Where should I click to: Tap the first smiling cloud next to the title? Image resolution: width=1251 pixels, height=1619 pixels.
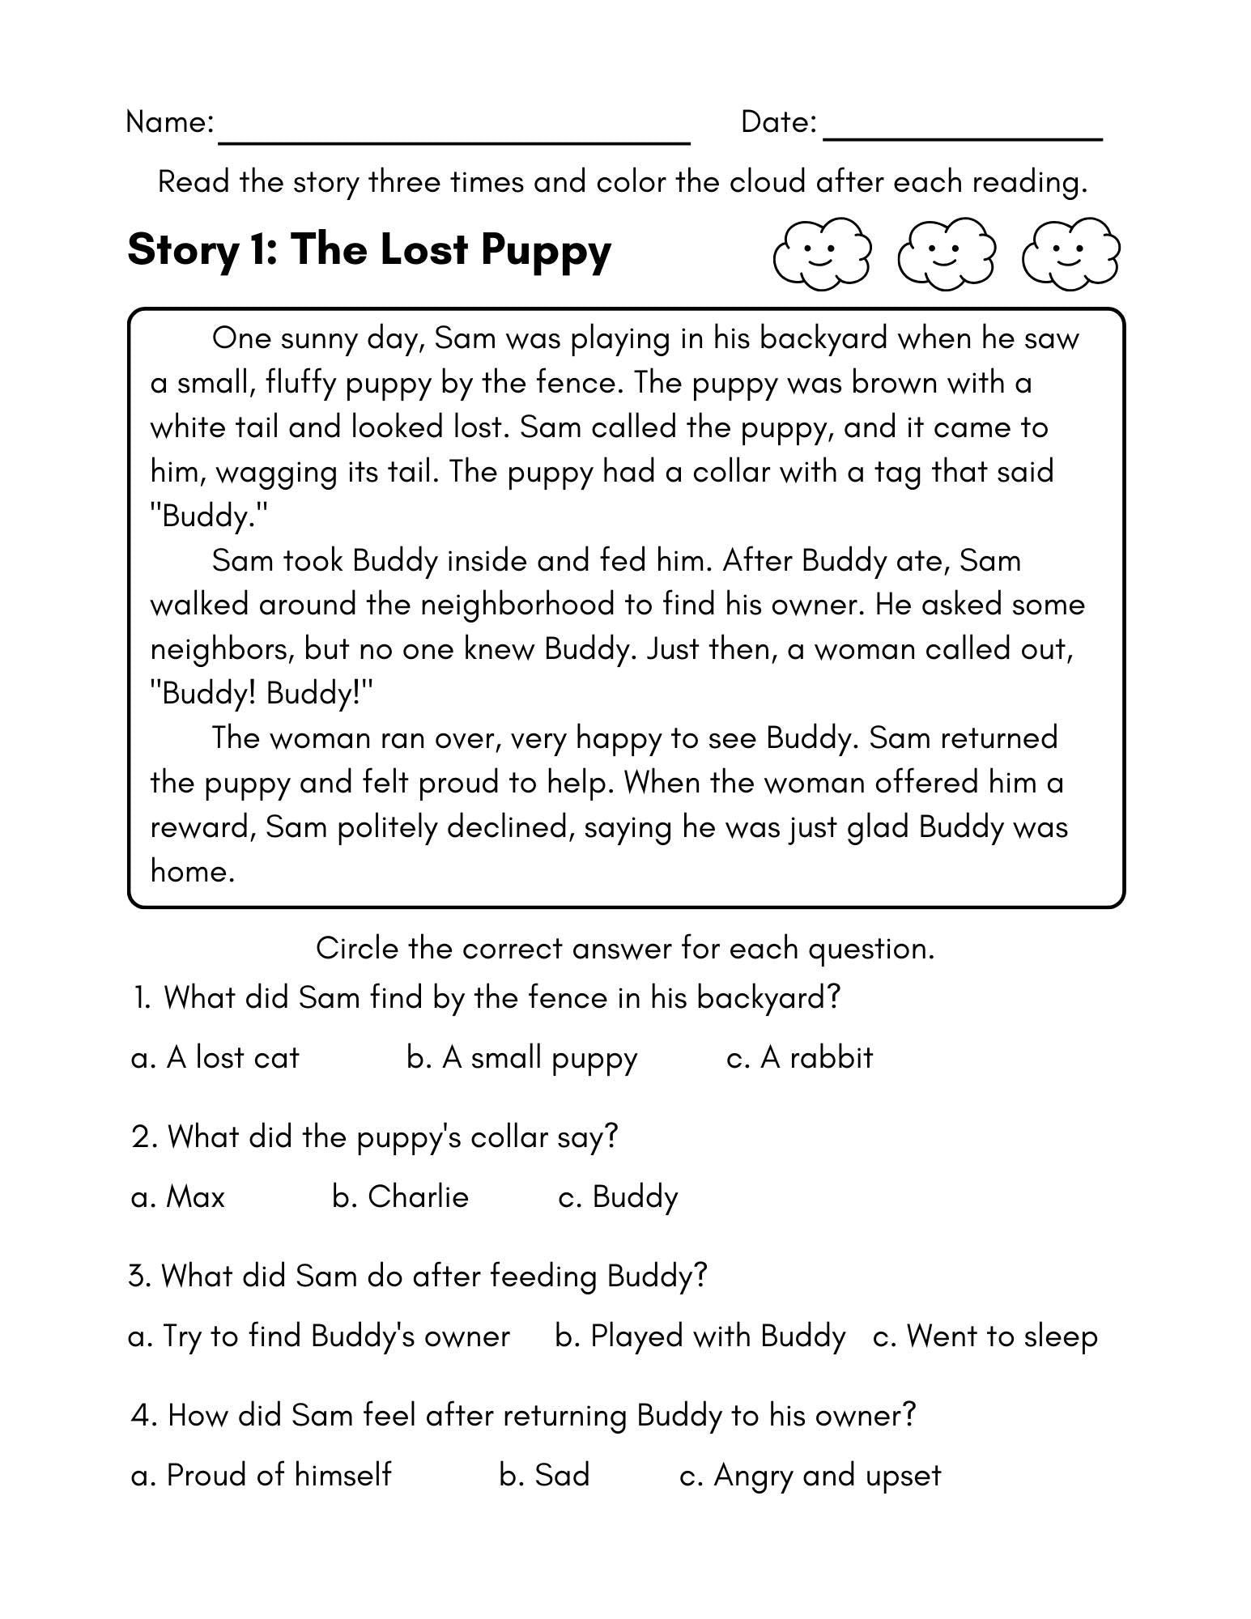coord(821,253)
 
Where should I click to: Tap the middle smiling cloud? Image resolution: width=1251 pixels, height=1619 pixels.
coord(945,253)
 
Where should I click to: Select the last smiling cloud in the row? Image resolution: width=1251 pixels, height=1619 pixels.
coord(1070,253)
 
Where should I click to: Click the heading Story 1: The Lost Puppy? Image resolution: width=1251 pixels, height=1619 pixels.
coord(369,249)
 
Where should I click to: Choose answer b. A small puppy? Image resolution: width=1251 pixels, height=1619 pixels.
coord(522,1059)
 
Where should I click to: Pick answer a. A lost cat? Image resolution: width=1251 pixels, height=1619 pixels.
coord(215,1058)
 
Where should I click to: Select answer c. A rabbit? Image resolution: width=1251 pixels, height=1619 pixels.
coord(800,1058)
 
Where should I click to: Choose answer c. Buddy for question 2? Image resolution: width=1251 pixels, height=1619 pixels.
coord(618,1197)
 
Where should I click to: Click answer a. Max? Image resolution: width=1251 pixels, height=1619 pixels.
coord(177,1196)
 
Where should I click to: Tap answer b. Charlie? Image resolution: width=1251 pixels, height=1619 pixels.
coord(400,1196)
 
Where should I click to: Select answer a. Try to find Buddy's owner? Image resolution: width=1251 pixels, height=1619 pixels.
coord(319,1336)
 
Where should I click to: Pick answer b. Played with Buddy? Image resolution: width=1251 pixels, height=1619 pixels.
coord(700,1336)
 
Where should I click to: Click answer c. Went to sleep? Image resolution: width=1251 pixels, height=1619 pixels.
coord(985,1336)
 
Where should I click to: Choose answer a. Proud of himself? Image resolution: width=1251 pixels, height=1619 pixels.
coord(261,1475)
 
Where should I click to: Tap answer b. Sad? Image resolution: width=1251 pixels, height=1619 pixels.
coord(544,1475)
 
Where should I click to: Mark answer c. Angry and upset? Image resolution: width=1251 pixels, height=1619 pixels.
coord(810,1476)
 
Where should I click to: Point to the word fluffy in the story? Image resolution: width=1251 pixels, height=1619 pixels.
coord(300,383)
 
